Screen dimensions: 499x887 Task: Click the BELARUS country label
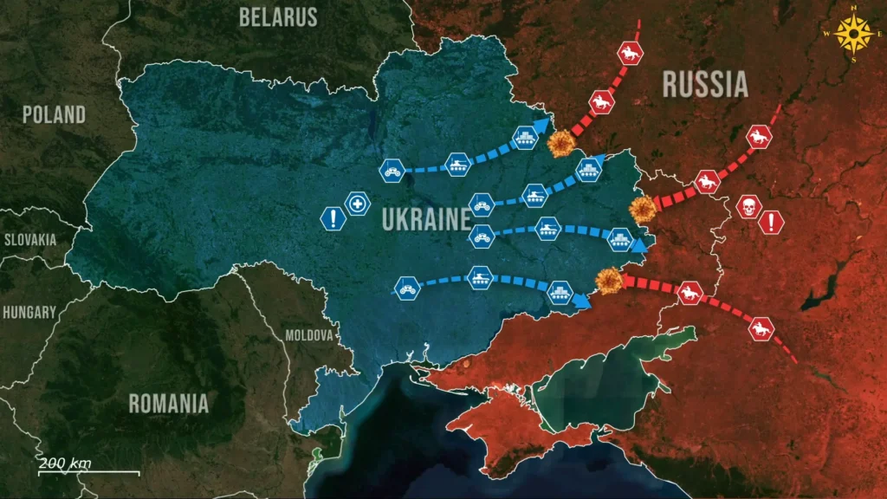click(278, 16)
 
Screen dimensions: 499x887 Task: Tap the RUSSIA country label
click(704, 84)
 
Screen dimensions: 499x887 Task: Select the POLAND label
click(54, 114)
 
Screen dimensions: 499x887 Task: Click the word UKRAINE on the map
click(425, 219)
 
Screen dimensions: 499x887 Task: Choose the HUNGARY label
click(29, 312)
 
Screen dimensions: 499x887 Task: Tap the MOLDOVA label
click(309, 334)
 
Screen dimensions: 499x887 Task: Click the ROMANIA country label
click(168, 403)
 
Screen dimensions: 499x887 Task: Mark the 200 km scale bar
click(88, 472)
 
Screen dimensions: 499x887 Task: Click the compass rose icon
click(856, 35)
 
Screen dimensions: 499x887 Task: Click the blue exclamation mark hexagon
click(333, 218)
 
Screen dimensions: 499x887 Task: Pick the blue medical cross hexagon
click(357, 204)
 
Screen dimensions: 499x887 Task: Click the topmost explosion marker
click(562, 144)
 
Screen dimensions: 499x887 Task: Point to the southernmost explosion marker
click(609, 279)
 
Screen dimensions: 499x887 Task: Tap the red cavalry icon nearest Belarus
click(630, 55)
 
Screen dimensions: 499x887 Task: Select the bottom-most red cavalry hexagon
click(761, 328)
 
